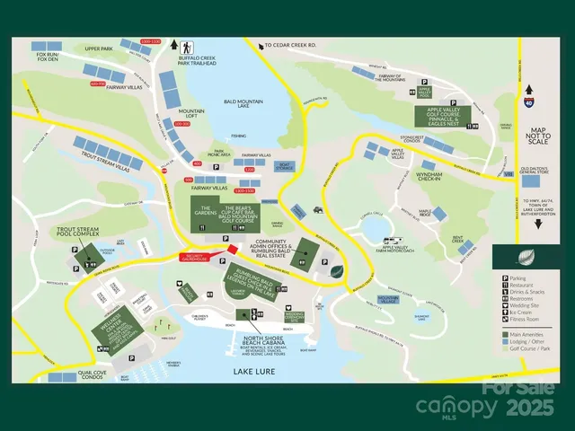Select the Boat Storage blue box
[x=286, y=166]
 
